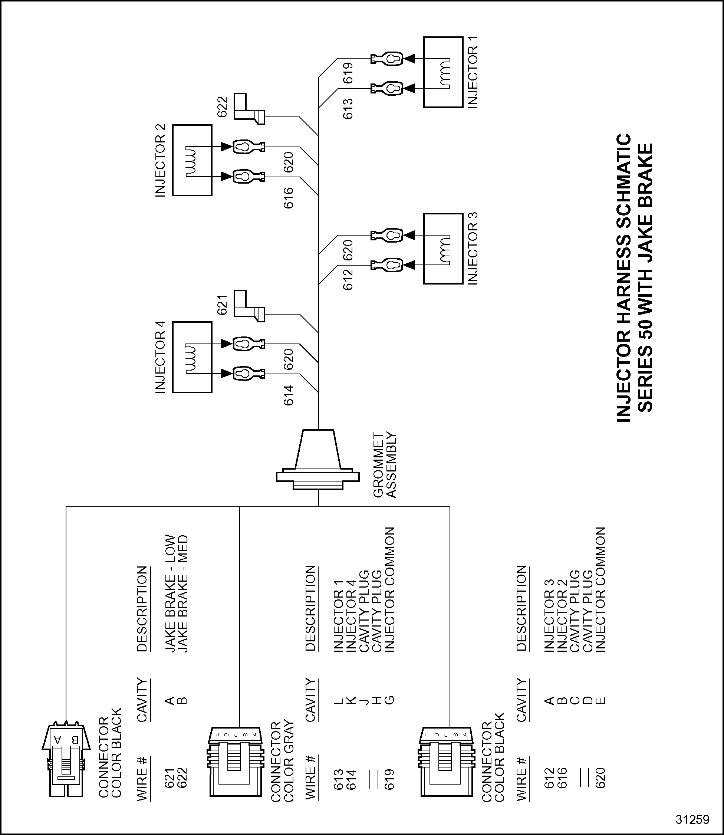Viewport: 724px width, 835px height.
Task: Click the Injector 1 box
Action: [443, 72]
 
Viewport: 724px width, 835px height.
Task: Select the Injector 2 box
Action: [192, 160]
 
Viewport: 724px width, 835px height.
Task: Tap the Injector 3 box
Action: [443, 249]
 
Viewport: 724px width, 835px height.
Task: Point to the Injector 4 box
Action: [192, 357]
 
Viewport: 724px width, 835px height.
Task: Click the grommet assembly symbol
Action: [317, 460]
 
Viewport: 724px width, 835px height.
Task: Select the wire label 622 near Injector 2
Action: [223, 107]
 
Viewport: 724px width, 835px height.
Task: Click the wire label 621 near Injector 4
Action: [223, 305]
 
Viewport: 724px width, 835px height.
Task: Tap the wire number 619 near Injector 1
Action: [348, 73]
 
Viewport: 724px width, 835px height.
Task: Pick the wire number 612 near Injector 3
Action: [348, 280]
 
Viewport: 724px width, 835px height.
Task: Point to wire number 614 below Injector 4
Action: [288, 395]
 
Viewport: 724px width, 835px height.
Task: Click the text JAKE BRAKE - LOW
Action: [170, 594]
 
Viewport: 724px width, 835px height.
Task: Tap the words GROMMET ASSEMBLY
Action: [385, 465]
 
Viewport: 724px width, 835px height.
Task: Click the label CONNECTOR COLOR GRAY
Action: [282, 762]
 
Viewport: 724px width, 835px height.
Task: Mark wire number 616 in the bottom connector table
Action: [562, 778]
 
